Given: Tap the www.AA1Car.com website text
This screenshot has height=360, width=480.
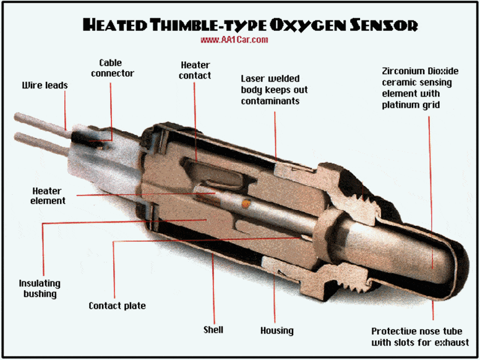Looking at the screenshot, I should point(234,40).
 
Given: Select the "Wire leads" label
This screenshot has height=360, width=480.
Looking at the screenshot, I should point(44,84).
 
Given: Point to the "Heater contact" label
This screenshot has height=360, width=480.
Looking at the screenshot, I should point(195,70).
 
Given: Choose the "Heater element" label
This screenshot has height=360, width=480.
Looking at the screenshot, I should point(49,195).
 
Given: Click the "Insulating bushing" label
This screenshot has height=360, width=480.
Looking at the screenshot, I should point(40,288).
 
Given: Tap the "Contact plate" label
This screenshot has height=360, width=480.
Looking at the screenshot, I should point(117,306).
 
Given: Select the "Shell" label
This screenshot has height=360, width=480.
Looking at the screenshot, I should point(213,329).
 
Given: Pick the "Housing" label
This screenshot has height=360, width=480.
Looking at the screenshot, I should point(276,330).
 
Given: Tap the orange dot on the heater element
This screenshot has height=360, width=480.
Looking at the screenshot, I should point(246,203).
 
